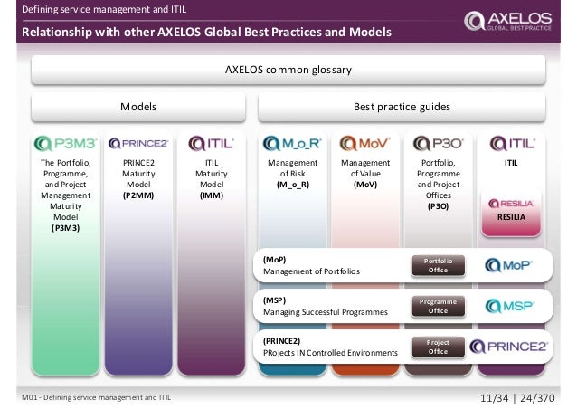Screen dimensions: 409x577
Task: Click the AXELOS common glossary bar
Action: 288,69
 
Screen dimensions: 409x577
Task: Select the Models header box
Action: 139,107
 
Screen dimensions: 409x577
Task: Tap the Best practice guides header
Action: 401,107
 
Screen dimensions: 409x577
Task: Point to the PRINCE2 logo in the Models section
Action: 138,143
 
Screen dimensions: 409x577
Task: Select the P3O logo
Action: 437,143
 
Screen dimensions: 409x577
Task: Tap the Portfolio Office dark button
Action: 438,264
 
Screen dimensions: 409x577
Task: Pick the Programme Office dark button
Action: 438,305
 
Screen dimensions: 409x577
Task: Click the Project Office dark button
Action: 438,346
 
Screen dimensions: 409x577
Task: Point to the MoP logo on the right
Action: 509,265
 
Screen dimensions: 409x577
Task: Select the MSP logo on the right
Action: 509,305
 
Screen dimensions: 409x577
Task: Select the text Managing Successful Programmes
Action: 325,311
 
